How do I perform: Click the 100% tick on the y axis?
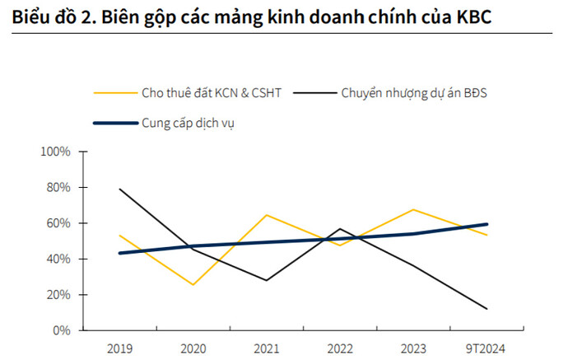57,152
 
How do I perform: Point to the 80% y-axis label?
59,188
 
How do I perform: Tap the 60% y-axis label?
59,223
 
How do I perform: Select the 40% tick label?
59,259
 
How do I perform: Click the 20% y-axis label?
59,295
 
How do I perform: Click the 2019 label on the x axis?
119,348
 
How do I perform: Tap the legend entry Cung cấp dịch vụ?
189,124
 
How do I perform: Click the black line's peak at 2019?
120,189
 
